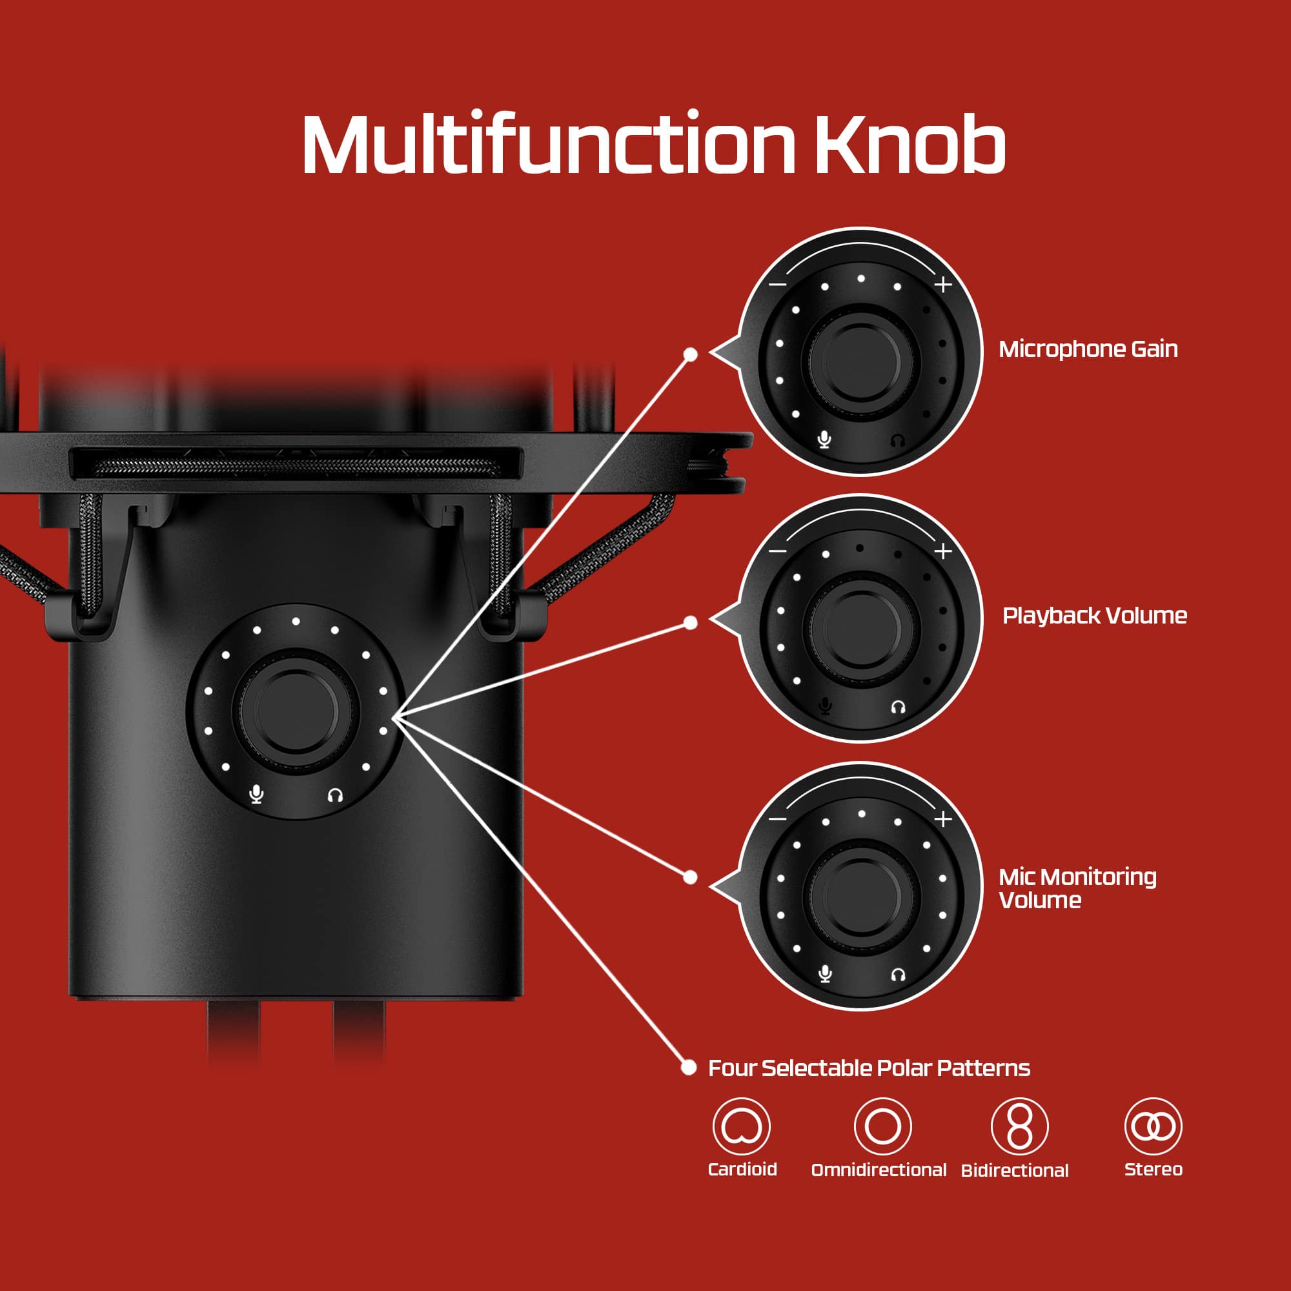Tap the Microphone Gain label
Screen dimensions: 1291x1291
point(1088,349)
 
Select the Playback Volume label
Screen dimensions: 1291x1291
point(1095,615)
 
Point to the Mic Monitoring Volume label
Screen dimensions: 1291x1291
point(1077,888)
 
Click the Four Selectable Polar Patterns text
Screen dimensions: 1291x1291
point(869,1068)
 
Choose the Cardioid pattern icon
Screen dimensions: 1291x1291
point(741,1126)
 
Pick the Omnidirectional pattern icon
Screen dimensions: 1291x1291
point(882,1126)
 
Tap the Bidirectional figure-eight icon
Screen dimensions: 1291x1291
point(1019,1126)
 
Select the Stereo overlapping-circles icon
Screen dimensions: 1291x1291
point(1153,1126)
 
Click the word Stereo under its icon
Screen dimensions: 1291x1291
point(1154,1170)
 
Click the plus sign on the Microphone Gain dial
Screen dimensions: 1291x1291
point(943,285)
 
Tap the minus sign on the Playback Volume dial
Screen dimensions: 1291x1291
point(777,551)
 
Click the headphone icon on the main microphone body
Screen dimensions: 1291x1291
point(336,795)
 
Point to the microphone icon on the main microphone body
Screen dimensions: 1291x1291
point(256,794)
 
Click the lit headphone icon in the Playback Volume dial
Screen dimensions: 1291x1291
point(898,707)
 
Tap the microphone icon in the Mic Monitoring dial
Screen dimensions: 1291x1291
point(825,973)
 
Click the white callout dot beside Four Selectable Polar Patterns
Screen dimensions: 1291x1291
point(688,1067)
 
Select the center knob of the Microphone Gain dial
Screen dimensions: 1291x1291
point(861,360)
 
